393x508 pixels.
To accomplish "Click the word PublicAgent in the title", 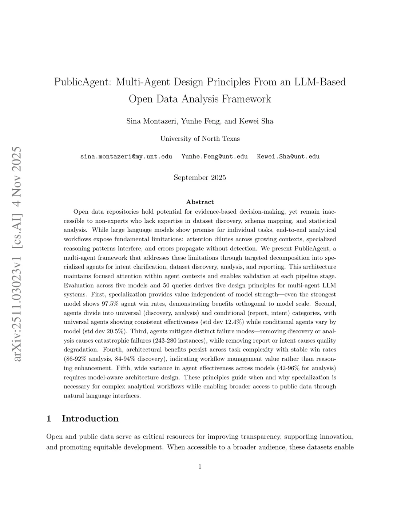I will coord(83,82).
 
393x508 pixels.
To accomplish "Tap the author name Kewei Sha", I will coord(256,121).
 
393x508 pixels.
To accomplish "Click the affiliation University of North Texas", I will coord(200,138).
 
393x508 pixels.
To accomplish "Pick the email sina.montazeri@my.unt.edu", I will coord(126,157).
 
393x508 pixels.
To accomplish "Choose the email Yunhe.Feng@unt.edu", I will coord(214,157).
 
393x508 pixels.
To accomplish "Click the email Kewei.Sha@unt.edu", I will coord(288,157).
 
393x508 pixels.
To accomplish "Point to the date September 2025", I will coord(200,177).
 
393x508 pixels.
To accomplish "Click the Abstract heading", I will coord(200,202).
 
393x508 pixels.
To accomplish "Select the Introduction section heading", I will coord(90,418).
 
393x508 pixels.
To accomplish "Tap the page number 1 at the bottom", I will coord(200,467).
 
